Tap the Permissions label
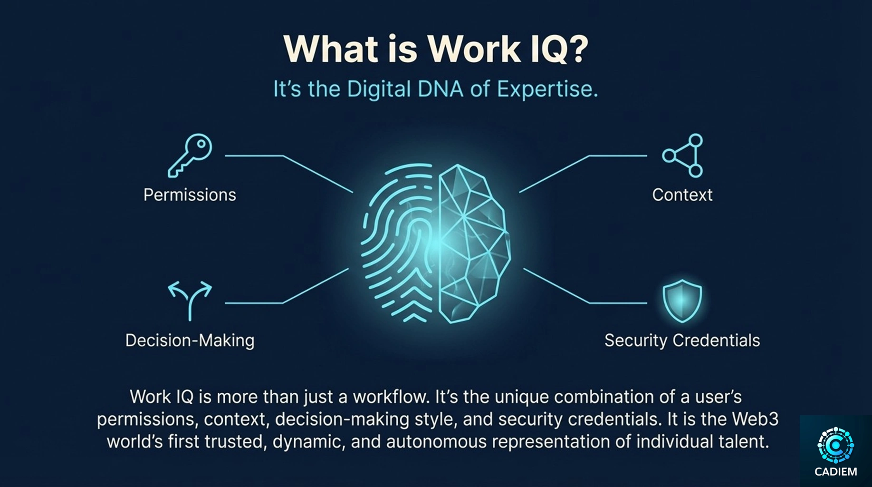(x=190, y=195)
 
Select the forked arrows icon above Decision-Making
(x=190, y=300)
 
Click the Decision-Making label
(x=190, y=341)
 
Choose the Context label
(x=682, y=195)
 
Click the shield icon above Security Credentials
(x=682, y=301)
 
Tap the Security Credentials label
(x=682, y=341)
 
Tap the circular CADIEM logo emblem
(x=835, y=445)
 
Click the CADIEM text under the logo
(x=836, y=472)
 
